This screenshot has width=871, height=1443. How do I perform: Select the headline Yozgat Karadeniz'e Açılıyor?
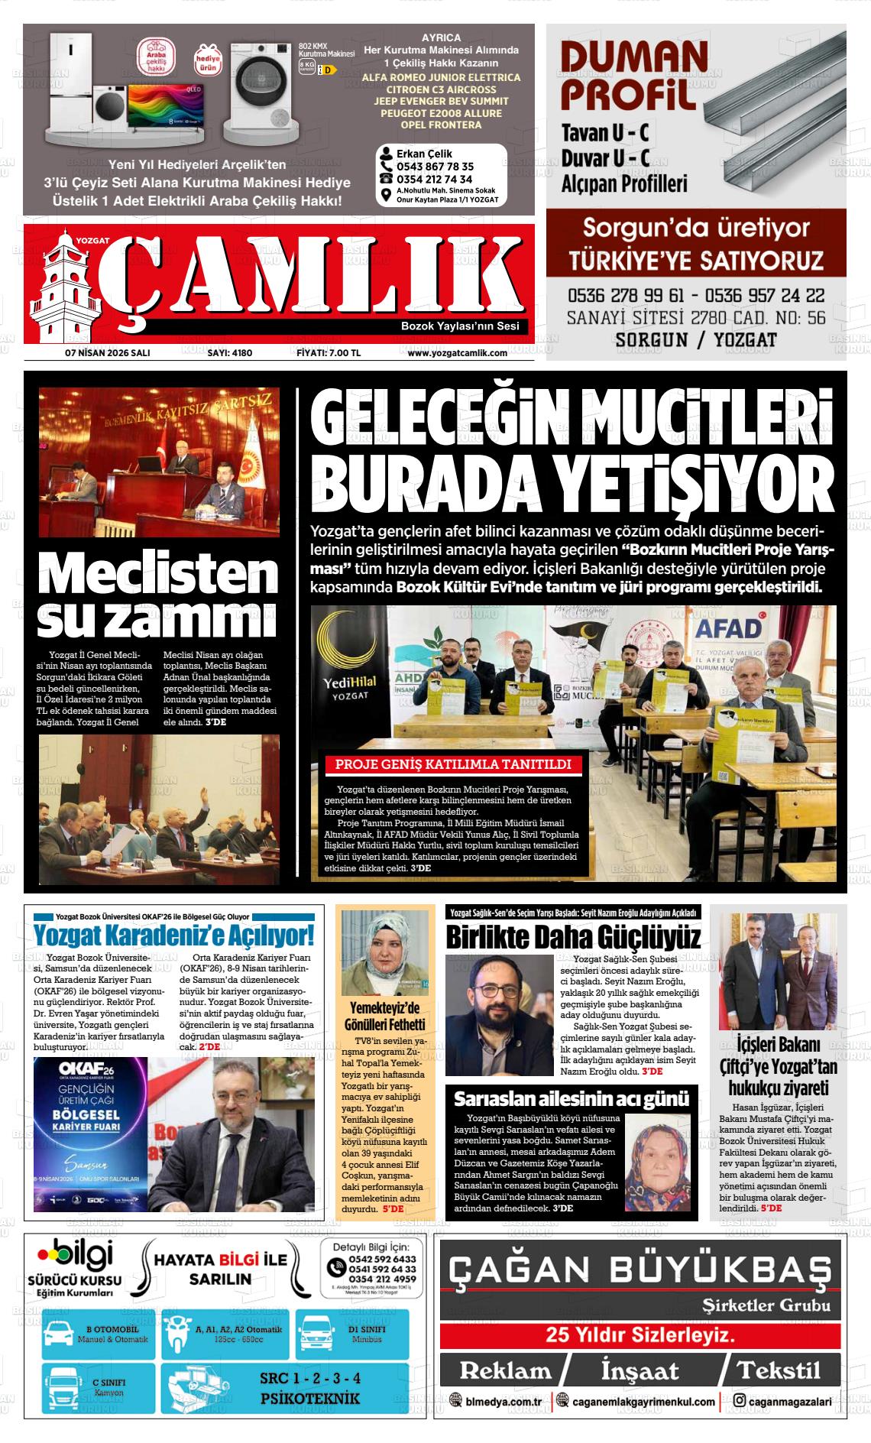point(173,936)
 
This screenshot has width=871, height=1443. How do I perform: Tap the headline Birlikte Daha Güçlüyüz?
point(573,936)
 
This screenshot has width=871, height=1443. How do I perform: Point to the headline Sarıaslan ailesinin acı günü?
point(571,1100)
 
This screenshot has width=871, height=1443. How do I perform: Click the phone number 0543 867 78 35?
point(435,166)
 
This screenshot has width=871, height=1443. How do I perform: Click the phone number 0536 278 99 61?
point(625,295)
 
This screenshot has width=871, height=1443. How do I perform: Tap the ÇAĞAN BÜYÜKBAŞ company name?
point(639,1270)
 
